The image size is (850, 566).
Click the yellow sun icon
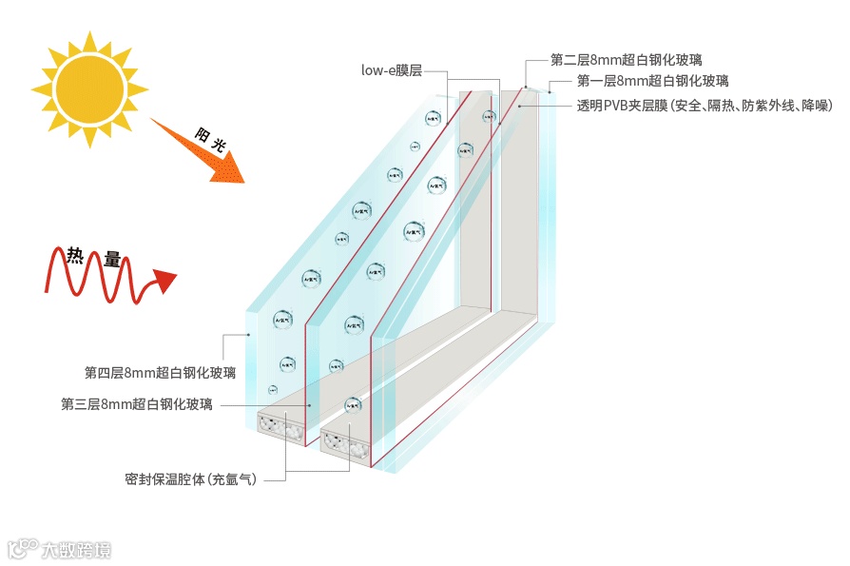click(89, 88)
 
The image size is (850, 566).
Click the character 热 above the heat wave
click(75, 255)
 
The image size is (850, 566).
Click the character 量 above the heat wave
click(112, 258)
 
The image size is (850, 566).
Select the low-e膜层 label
click(391, 69)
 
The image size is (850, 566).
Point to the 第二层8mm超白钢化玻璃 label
click(627, 60)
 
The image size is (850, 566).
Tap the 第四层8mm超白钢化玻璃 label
click(160, 371)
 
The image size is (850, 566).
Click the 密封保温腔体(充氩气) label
click(190, 478)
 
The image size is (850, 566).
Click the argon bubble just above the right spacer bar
click(352, 404)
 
